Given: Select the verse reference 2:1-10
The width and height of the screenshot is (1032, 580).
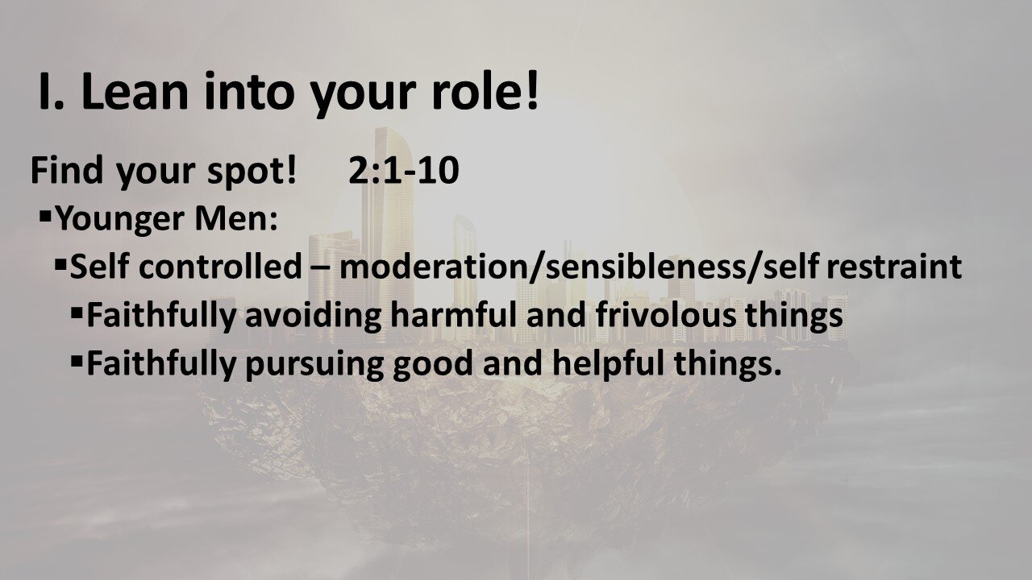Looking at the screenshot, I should (404, 171).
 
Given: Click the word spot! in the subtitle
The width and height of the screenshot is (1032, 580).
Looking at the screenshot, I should (248, 172).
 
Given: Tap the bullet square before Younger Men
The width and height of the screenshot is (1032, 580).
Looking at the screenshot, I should (45, 216).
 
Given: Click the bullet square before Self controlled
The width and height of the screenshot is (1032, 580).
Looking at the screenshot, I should (61, 263).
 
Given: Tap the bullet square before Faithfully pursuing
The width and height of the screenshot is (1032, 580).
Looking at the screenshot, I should (77, 360).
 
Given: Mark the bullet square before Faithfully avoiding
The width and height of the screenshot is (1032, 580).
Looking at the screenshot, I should (77, 312).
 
